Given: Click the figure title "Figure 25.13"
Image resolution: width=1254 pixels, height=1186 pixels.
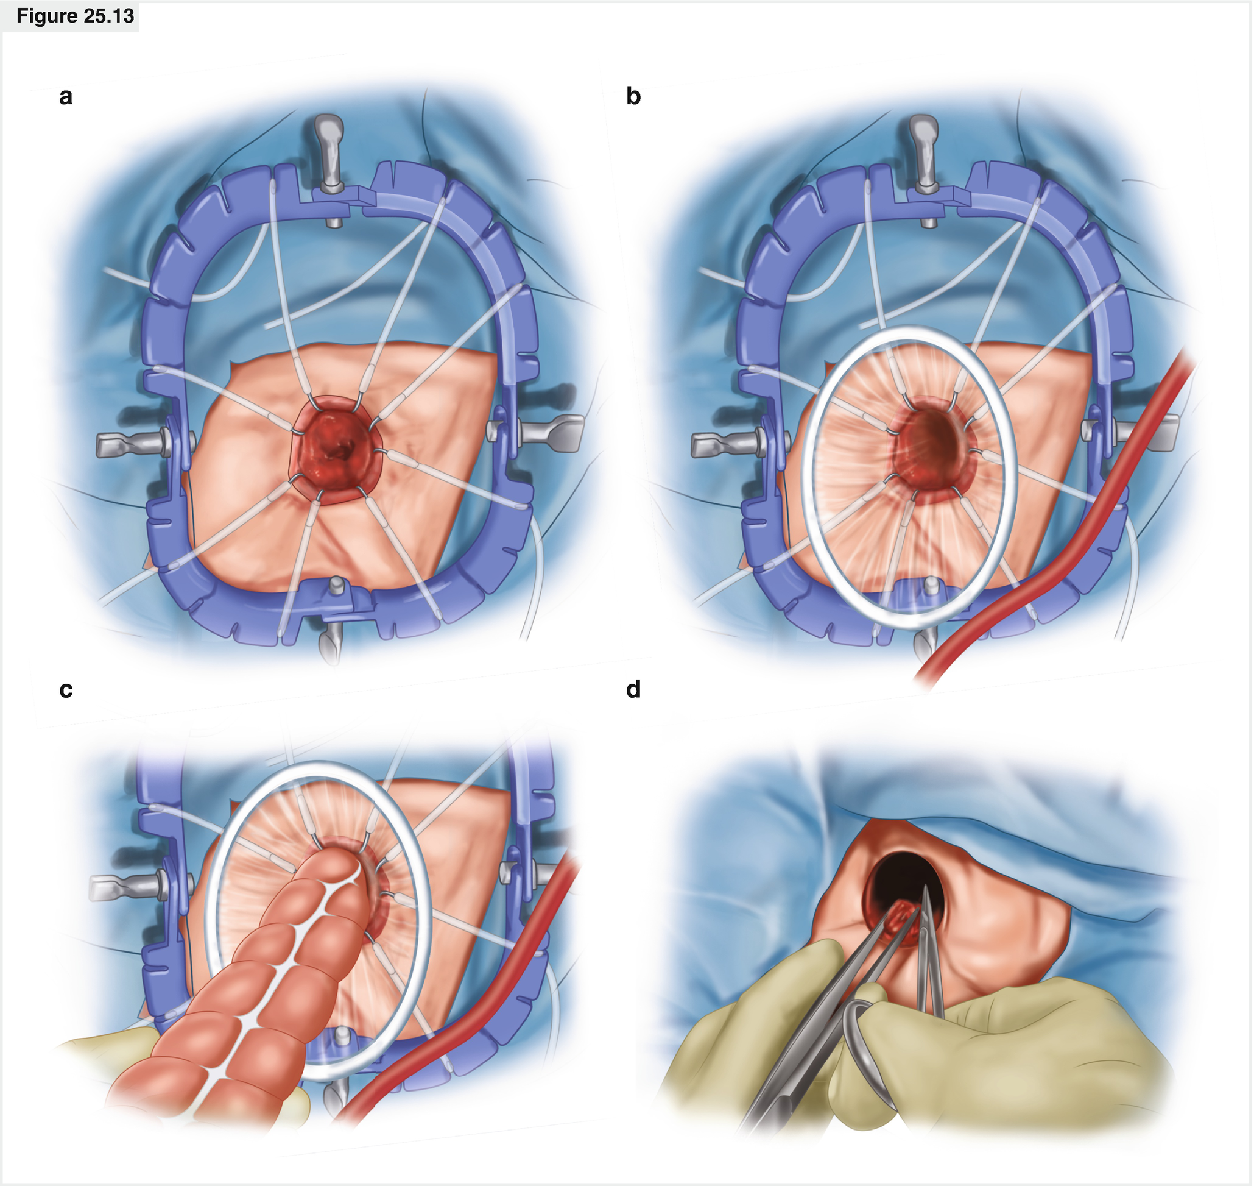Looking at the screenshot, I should tap(74, 16).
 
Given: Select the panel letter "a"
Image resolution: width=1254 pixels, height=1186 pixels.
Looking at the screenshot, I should tap(66, 97).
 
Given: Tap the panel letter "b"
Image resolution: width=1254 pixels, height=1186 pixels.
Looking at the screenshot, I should tap(633, 97).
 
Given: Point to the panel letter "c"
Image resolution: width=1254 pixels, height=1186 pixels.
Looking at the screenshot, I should tap(66, 690).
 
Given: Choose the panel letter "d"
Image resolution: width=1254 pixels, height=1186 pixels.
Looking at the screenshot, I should tap(633, 690).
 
